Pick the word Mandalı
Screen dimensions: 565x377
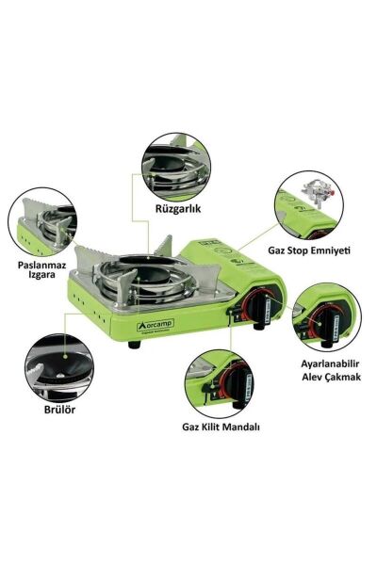[241, 426]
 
